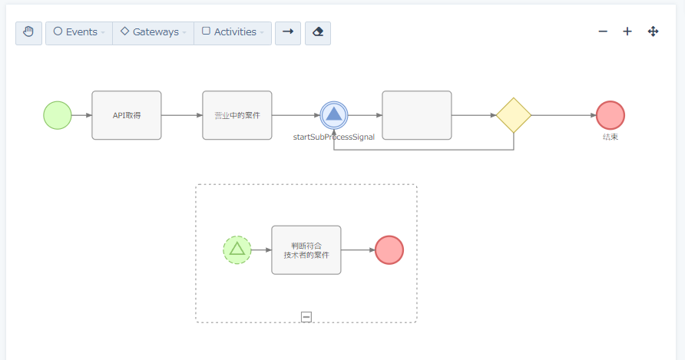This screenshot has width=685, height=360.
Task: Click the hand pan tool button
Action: tap(29, 33)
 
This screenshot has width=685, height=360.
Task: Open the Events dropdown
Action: tap(79, 33)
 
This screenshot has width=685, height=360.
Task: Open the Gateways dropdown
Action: tap(153, 33)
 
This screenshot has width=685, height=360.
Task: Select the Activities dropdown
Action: tap(233, 33)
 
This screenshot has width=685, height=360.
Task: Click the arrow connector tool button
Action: tap(288, 33)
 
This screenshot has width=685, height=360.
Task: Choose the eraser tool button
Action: tap(318, 33)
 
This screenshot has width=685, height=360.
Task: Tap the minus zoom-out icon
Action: tap(603, 31)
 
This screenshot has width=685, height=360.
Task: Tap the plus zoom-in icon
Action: tap(627, 31)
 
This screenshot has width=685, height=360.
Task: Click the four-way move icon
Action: tap(654, 31)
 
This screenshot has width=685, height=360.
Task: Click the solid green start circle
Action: tap(58, 115)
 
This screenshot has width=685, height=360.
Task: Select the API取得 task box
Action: tap(127, 115)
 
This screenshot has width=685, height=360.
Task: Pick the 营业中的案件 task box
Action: tap(237, 115)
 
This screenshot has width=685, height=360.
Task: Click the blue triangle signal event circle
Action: tap(334, 115)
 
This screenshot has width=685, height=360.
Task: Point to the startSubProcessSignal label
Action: tap(334, 137)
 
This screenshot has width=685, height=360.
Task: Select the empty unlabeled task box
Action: tap(417, 115)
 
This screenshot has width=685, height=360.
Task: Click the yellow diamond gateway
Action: tap(514, 115)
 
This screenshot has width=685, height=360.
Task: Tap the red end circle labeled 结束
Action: tap(611, 115)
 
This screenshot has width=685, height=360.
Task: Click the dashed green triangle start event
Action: tap(237, 249)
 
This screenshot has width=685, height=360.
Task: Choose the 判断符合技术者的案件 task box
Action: tap(306, 249)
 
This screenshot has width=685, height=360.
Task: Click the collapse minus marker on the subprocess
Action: tap(306, 316)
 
